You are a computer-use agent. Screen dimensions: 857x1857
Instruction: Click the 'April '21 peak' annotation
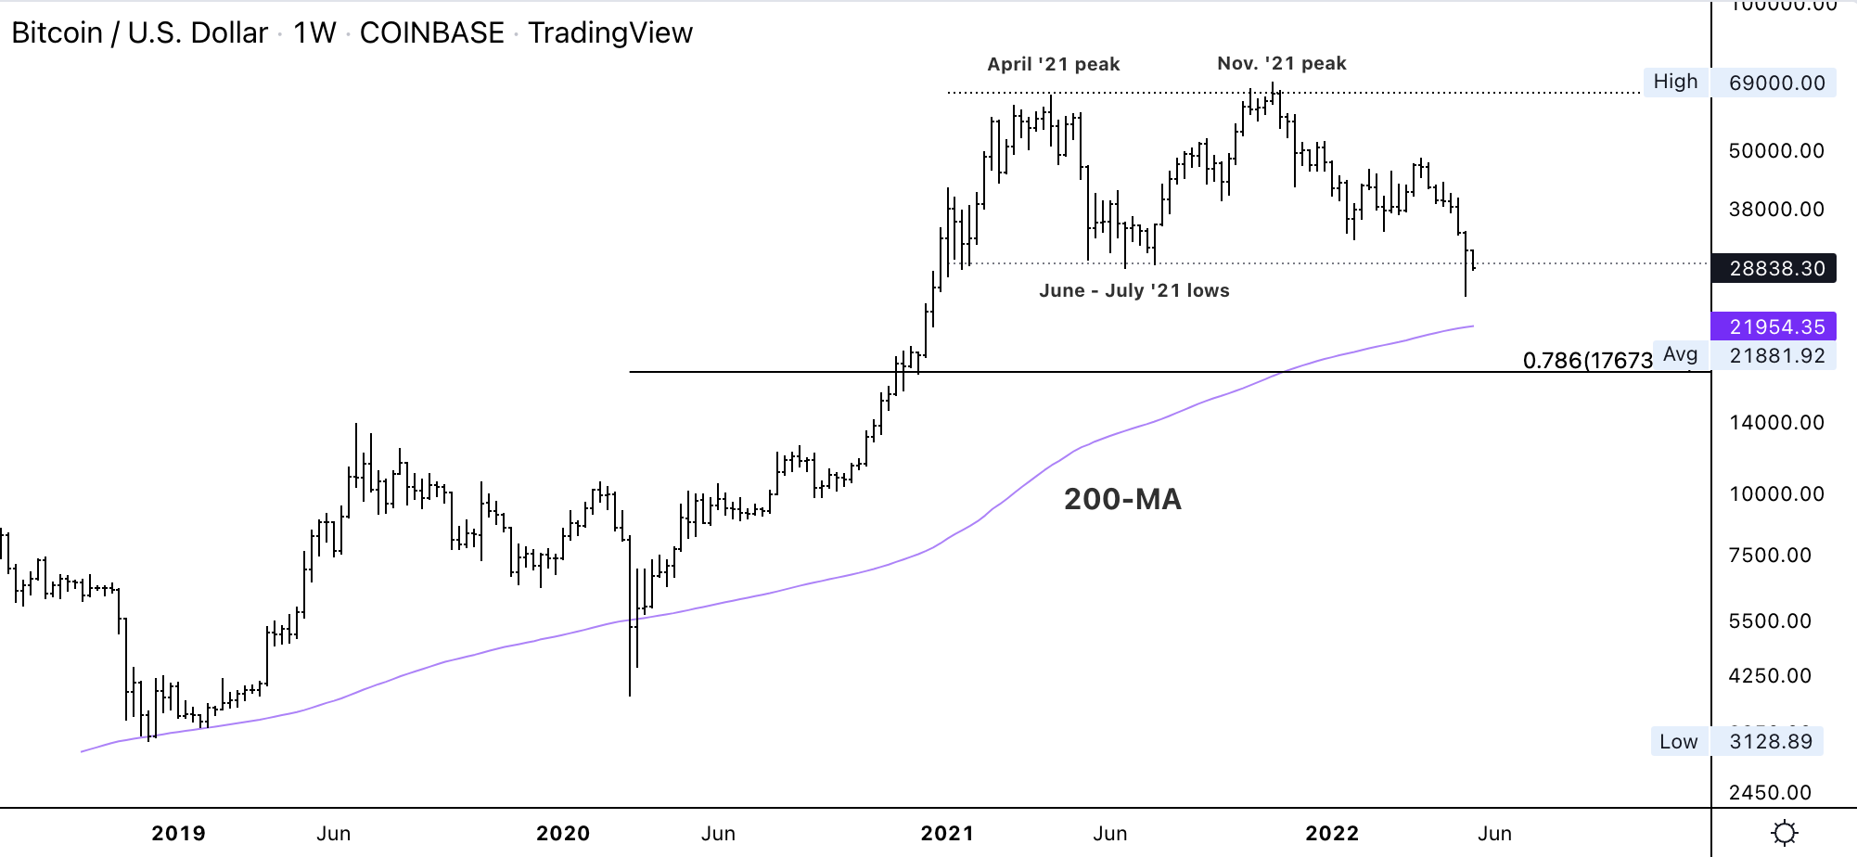pyautogui.click(x=1053, y=64)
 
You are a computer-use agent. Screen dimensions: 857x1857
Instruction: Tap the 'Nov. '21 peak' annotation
pyautogui.click(x=1281, y=63)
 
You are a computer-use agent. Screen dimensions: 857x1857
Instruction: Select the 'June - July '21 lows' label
pyautogui.click(x=1133, y=290)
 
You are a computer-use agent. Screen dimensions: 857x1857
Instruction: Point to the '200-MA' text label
pyautogui.click(x=1122, y=499)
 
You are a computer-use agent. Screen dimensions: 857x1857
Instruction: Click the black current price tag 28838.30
pyautogui.click(x=1776, y=268)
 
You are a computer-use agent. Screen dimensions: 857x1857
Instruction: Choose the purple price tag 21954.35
pyautogui.click(x=1776, y=326)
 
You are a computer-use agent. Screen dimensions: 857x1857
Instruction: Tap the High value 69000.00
pyautogui.click(x=1776, y=83)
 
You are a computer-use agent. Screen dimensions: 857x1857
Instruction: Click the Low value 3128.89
pyautogui.click(x=1770, y=741)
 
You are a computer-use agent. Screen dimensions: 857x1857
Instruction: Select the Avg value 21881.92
pyautogui.click(x=1776, y=355)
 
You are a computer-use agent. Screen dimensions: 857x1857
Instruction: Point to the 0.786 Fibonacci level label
pyautogui.click(x=1587, y=360)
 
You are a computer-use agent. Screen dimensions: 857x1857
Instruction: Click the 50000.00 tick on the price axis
pyautogui.click(x=1775, y=150)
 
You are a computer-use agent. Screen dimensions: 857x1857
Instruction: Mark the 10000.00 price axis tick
pyautogui.click(x=1775, y=493)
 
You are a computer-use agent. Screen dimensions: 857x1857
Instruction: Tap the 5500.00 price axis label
pyautogui.click(x=1769, y=620)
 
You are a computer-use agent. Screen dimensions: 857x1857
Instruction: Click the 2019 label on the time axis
pyautogui.click(x=178, y=833)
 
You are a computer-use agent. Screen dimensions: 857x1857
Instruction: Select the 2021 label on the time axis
pyautogui.click(x=947, y=833)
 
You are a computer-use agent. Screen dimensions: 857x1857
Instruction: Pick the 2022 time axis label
pyautogui.click(x=1332, y=833)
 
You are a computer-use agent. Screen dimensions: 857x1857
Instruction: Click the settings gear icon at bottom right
pyautogui.click(x=1784, y=833)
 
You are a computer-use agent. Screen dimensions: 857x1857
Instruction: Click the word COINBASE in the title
pyautogui.click(x=431, y=32)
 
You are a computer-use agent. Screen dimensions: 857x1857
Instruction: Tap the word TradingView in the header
pyautogui.click(x=610, y=32)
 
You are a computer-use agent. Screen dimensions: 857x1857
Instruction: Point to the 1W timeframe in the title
pyautogui.click(x=314, y=32)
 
